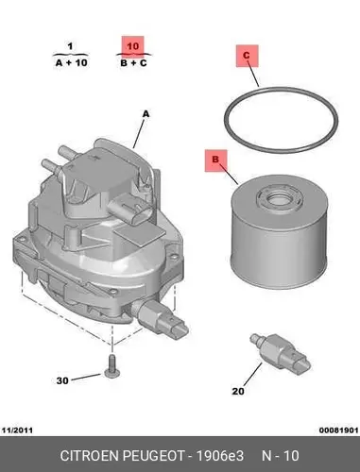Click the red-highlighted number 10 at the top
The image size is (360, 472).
pyautogui.click(x=132, y=46)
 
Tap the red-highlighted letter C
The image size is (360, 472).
pyautogui.click(x=247, y=56)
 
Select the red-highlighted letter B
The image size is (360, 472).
pyautogui.click(x=215, y=160)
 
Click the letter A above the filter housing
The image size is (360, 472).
pyautogui.click(x=146, y=114)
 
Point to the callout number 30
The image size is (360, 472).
pyautogui.click(x=62, y=380)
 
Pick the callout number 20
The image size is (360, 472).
pyautogui.click(x=238, y=391)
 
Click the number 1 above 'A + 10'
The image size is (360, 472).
pyautogui.click(x=70, y=46)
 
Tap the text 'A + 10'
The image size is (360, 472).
pyautogui.click(x=72, y=62)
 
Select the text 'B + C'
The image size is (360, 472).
pyautogui.click(x=133, y=63)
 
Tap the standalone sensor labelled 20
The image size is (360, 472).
pyautogui.click(x=280, y=354)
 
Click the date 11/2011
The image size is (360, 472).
pyautogui.click(x=18, y=430)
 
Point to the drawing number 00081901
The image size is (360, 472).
pyautogui.click(x=339, y=430)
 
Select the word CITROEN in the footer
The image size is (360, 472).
pyautogui.click(x=90, y=456)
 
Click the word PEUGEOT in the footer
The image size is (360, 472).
pyautogui.click(x=153, y=456)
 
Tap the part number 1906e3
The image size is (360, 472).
pyautogui.click(x=220, y=456)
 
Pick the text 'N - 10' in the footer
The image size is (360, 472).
pyautogui.click(x=281, y=456)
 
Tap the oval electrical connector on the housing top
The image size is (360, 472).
pyautogui.click(x=129, y=211)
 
